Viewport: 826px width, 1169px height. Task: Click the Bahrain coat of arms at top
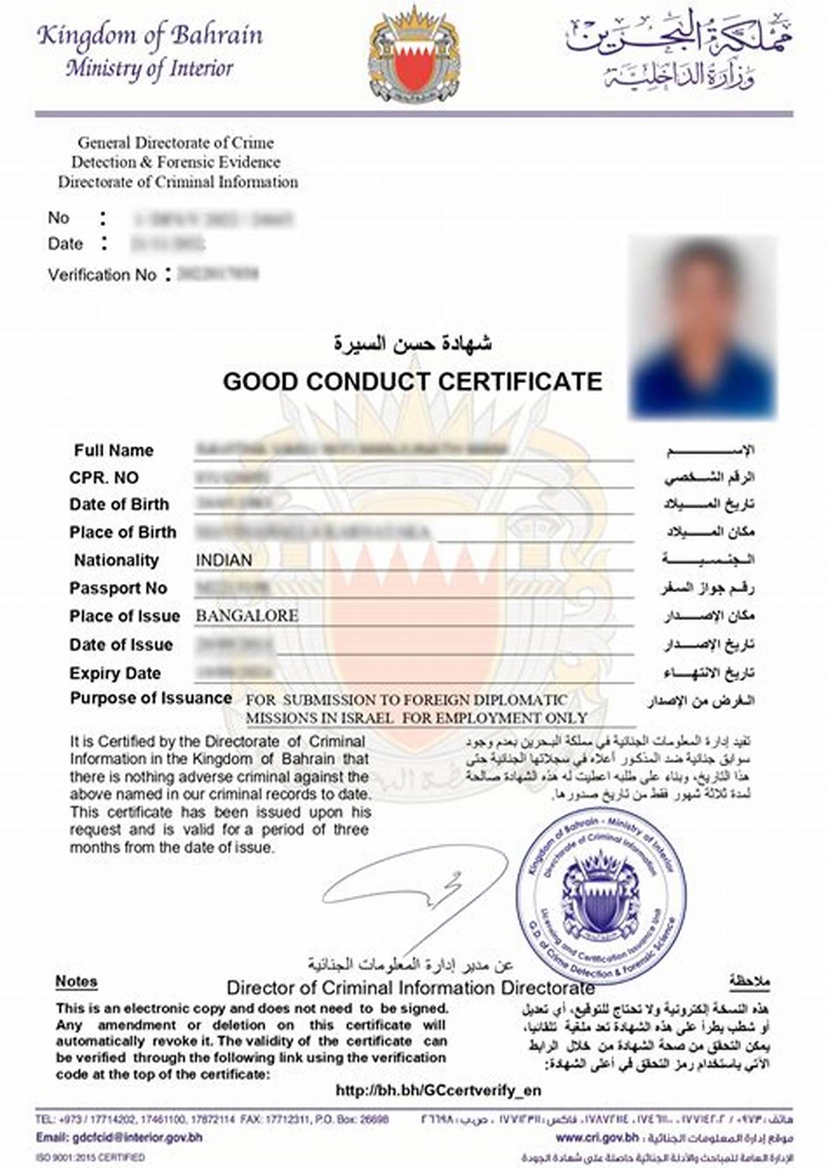414,56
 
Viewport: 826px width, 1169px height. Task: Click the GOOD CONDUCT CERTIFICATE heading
412,382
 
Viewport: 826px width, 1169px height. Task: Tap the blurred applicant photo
703,326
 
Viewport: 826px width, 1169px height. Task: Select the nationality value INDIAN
224,560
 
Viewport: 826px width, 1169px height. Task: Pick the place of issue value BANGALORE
246,615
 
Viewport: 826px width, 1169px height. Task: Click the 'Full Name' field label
113,450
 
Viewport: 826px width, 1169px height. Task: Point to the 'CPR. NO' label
104,478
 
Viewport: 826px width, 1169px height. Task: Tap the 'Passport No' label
118,588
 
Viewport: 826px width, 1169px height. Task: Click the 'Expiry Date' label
115,673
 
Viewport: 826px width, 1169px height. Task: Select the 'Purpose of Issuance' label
151,698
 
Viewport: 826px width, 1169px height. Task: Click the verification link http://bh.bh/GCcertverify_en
438,1090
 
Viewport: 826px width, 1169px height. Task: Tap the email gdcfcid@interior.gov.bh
119,1137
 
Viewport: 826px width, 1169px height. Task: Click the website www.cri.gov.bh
597,1137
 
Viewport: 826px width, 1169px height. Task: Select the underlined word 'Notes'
76,981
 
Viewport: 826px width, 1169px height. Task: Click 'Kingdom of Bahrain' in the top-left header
150,35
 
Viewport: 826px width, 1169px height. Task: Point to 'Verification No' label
102,274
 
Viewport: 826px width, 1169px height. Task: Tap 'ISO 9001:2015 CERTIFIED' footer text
90,1158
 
